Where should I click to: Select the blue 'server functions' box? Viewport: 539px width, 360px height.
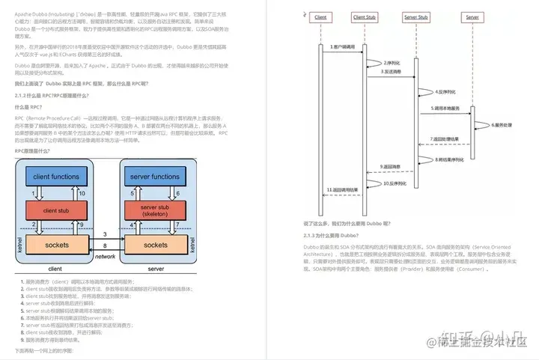[156, 177]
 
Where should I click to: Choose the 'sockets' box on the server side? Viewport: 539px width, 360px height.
[156, 245]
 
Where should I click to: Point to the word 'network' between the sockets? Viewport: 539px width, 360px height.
[106, 256]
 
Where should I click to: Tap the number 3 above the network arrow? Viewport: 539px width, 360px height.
[105, 234]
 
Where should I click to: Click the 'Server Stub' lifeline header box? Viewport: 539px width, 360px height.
[415, 16]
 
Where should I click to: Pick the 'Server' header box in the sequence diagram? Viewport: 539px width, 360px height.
[472, 16]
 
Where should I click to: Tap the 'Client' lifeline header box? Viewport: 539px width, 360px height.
[320, 16]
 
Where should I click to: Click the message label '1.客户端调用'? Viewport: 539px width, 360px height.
[342, 46]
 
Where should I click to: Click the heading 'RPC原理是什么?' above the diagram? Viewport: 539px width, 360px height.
[36, 151]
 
